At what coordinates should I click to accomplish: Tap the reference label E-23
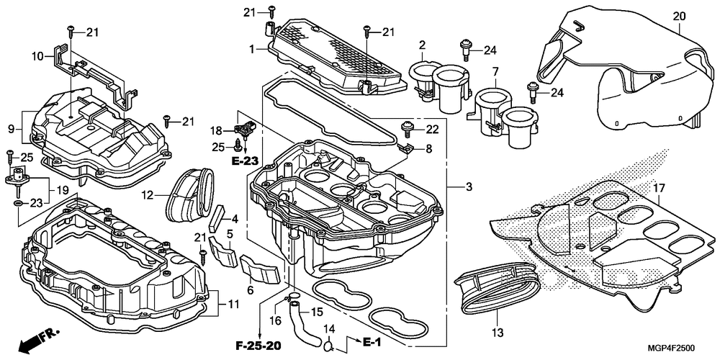[x=244, y=161]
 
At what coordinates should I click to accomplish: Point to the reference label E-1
[x=372, y=342]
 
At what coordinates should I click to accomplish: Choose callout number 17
[x=659, y=188]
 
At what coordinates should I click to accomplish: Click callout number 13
[x=498, y=331]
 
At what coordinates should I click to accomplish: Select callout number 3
[x=469, y=187]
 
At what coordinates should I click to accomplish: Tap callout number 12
[x=147, y=195]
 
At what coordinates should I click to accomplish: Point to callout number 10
[x=37, y=56]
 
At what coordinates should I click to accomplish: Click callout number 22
[x=432, y=130]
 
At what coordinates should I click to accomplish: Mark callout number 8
[x=428, y=149]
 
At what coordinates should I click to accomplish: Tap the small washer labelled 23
[x=17, y=202]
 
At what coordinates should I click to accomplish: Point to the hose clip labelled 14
[x=328, y=343]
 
